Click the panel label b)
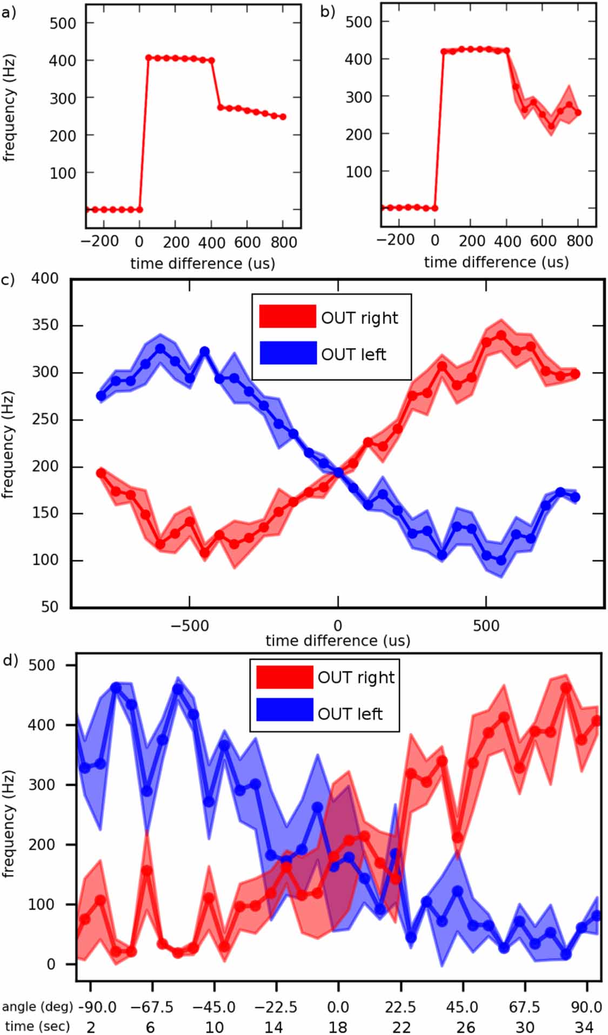coord(328,11)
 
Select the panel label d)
coord(10,660)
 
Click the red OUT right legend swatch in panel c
coord(288,316)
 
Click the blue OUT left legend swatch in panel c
coord(288,353)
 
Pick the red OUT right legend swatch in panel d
coord(284,677)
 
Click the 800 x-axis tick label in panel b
coord(579,241)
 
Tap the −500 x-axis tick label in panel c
coord(189,626)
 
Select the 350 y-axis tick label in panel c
coord(45,326)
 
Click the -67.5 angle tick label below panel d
coord(151,1007)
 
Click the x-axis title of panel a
coord(203,263)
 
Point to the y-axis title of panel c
coord(8,444)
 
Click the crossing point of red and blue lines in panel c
coord(338,472)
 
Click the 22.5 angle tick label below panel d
coord(400,1007)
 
